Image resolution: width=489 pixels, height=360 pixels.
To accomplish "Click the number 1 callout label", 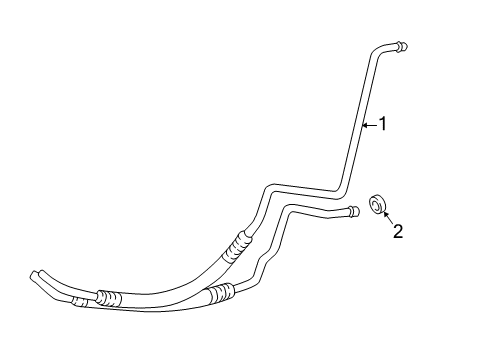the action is pyautogui.click(x=381, y=125).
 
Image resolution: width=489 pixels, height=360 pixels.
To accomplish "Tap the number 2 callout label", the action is pyautogui.click(x=397, y=232).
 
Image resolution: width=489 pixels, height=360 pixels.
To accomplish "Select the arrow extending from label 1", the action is pyautogui.click(x=368, y=125).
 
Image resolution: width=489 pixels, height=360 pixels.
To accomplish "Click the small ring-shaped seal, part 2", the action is pyautogui.click(x=376, y=205).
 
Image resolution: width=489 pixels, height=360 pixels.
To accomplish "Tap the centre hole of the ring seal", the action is pyautogui.click(x=376, y=205).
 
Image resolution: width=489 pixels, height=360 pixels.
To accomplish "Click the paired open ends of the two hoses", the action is pyautogui.click(x=38, y=274).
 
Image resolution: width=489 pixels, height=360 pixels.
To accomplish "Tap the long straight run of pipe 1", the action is pyautogui.click(x=357, y=120).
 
